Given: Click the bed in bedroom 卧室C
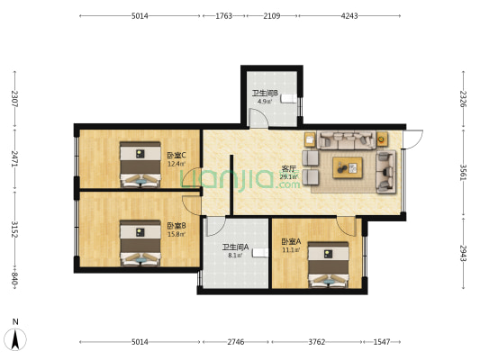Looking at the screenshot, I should (139, 164).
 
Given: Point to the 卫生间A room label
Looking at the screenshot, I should (236, 247).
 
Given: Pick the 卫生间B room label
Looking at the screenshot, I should (264, 94).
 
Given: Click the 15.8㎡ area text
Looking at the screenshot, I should (176, 234).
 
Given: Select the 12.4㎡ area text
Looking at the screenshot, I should (176, 164).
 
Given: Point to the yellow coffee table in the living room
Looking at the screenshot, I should (347, 165).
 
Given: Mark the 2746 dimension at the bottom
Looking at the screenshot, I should (235, 343).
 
